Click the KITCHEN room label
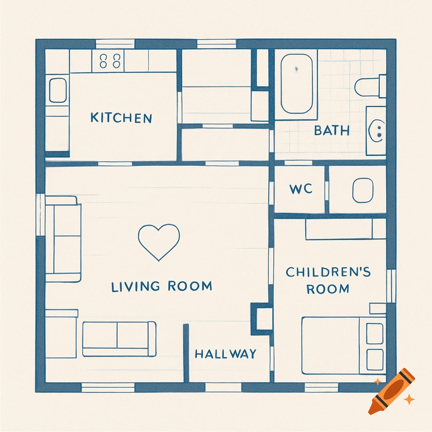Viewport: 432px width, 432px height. [x=121, y=118]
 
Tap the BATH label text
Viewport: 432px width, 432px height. [x=332, y=130]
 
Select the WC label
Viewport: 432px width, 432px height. [x=301, y=189]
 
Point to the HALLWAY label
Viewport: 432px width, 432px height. [x=225, y=354]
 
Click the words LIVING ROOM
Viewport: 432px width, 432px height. [x=162, y=286]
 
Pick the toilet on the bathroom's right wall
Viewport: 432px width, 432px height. [x=370, y=86]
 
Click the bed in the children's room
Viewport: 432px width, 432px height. [x=343, y=346]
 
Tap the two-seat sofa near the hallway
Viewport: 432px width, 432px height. [x=119, y=339]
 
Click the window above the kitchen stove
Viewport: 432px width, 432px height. [x=115, y=44]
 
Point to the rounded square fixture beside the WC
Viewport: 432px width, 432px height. [x=362, y=190]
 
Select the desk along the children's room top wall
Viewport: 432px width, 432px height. [x=345, y=229]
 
